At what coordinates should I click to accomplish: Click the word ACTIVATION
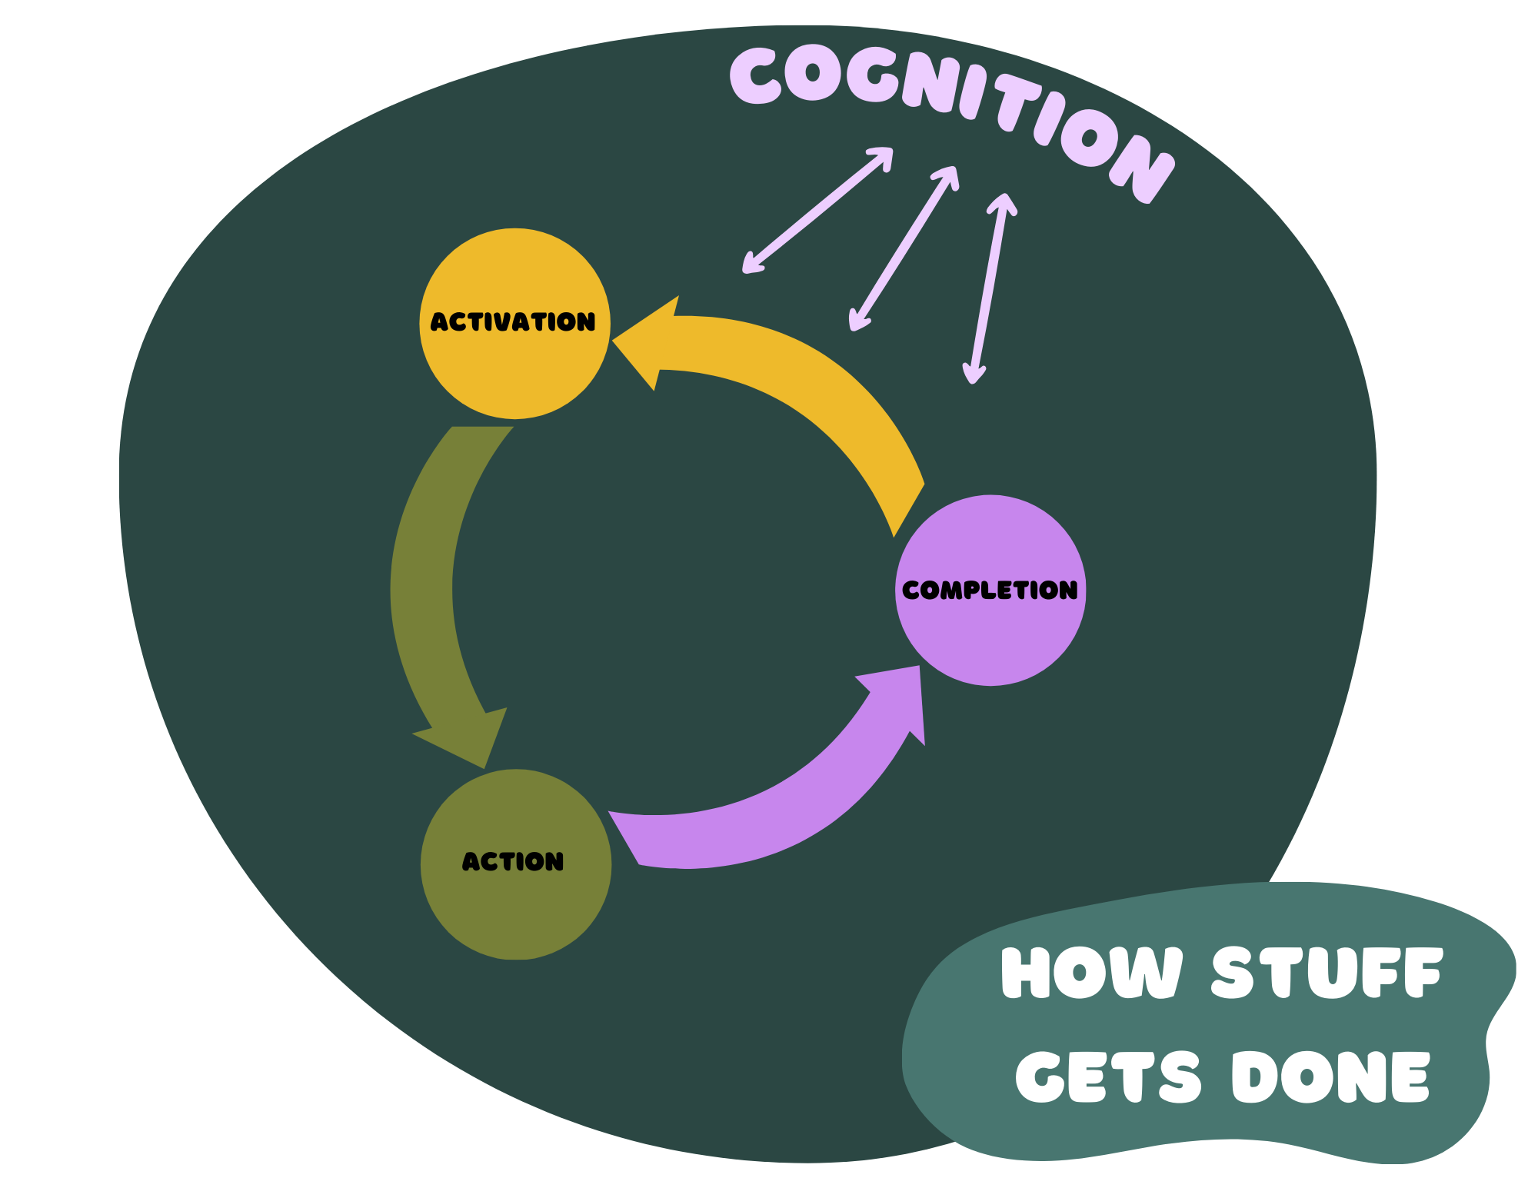[513, 321]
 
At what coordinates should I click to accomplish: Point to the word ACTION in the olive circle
[513, 861]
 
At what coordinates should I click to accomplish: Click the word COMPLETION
[990, 590]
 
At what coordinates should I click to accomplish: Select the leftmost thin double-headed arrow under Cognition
[817, 210]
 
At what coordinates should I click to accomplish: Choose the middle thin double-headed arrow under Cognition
[904, 248]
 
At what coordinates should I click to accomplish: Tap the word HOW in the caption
[1091, 973]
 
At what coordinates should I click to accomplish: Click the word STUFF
[1327, 973]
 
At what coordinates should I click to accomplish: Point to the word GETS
[1107, 1077]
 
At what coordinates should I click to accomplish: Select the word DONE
[1330, 1077]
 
